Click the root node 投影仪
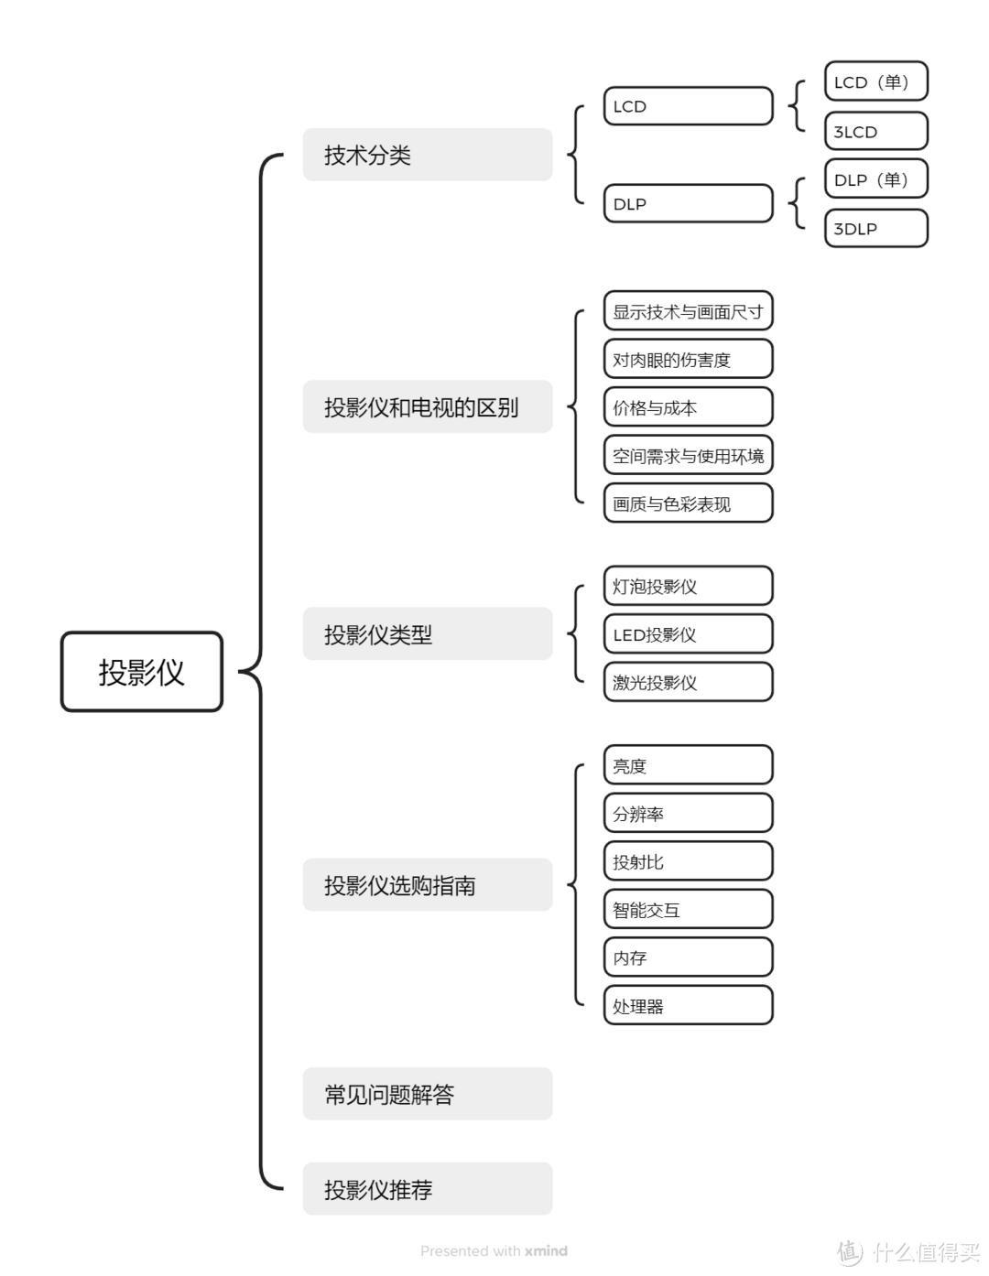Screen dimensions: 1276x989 (x=142, y=672)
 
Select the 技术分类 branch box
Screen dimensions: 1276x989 (x=428, y=155)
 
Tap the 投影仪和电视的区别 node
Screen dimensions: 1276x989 (x=428, y=406)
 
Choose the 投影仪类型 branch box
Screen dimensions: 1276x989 (x=428, y=633)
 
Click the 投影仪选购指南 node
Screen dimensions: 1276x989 (x=428, y=885)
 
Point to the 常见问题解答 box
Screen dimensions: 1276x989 (x=428, y=1094)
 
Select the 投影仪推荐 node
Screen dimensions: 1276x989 (x=428, y=1189)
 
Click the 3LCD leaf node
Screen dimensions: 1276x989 (x=875, y=131)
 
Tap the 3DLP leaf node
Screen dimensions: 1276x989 (x=875, y=229)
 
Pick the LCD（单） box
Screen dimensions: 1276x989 (x=875, y=81)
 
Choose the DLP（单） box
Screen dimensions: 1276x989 (x=875, y=179)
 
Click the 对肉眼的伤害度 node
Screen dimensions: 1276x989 (x=688, y=359)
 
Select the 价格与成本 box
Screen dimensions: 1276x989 (x=688, y=407)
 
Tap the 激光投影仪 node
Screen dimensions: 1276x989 (x=688, y=682)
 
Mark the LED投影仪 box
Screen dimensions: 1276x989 (x=688, y=634)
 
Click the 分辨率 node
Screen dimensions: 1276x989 (x=688, y=813)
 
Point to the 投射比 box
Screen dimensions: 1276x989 (x=688, y=861)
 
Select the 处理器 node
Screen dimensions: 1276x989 (x=688, y=1005)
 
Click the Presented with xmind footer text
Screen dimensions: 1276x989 (x=494, y=1250)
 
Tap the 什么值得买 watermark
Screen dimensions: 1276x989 (x=912, y=1251)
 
